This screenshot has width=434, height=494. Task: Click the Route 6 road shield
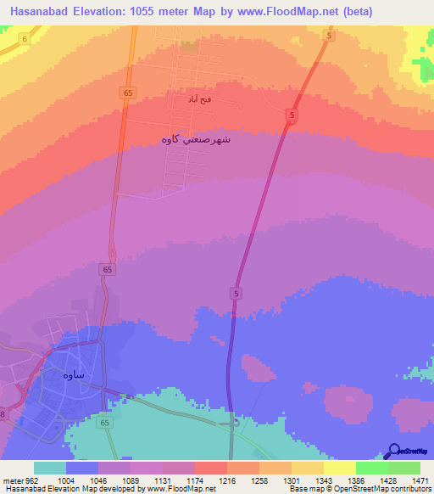[25, 40]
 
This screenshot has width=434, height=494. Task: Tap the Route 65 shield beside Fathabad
[127, 93]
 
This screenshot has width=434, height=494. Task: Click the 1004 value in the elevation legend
[66, 479]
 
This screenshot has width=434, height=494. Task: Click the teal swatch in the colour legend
[50, 468]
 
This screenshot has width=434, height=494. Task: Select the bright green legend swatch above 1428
[372, 468]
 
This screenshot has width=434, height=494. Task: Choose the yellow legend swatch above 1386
[340, 468]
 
